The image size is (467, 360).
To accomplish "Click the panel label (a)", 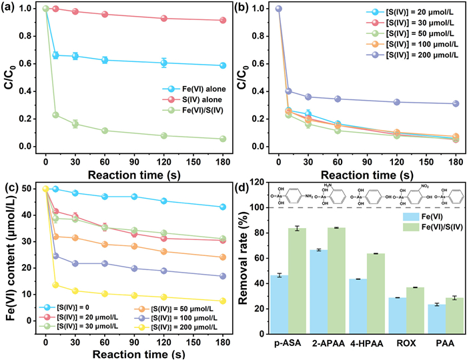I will click(12, 8).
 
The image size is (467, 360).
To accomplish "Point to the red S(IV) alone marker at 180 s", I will click(222, 20).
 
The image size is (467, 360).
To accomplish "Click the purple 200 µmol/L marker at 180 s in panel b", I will click(456, 103).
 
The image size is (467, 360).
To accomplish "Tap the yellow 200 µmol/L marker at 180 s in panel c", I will click(222, 301).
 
